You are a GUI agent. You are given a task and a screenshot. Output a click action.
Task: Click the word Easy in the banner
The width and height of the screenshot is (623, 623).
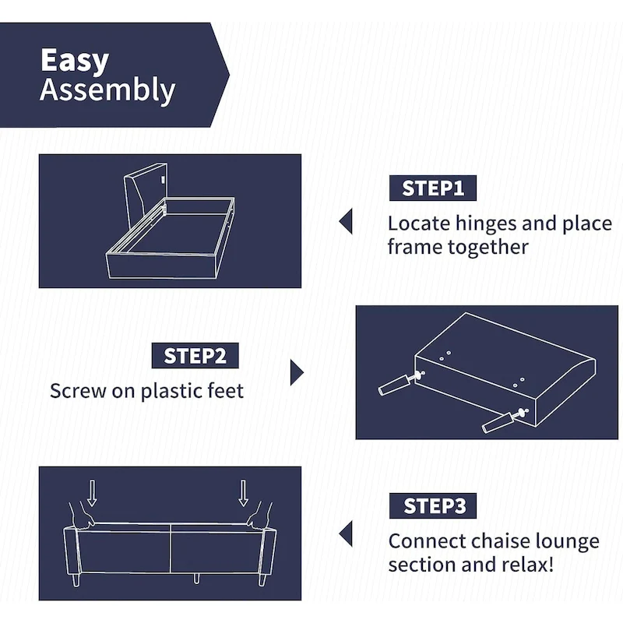pos(74,61)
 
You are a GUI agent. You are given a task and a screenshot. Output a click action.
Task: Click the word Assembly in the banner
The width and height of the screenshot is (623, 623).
pos(107,91)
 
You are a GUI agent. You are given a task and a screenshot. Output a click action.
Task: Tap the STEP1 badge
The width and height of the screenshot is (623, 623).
pos(432,188)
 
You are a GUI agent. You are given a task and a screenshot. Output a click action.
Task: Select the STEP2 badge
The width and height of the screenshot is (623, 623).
pos(195,356)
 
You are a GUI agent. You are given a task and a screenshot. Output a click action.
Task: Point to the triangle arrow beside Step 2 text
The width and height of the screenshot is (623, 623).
pos(296,372)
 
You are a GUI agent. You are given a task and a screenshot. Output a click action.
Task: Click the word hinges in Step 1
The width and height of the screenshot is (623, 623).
pos(485,224)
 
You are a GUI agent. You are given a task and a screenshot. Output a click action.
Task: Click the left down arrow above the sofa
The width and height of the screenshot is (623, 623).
pos(93,492)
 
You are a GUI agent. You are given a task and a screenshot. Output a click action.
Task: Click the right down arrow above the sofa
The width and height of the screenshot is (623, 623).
pos(244,492)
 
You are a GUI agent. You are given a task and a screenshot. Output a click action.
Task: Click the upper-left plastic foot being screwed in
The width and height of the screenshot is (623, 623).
pos(395,384)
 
